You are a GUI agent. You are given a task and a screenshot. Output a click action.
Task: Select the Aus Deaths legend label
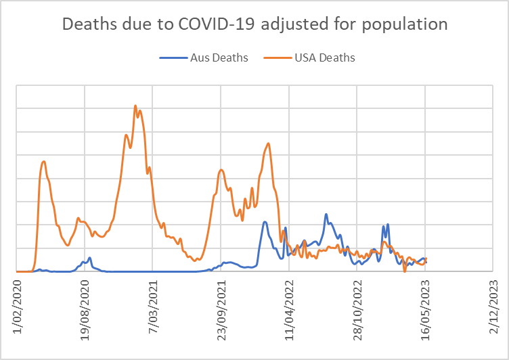(220, 58)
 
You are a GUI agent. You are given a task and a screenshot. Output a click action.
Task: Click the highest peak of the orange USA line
(135, 106)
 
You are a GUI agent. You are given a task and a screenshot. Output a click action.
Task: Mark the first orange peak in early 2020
(44, 161)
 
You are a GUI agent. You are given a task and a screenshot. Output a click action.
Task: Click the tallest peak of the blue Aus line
(326, 215)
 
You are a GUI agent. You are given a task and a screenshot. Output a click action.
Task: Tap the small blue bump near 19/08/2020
(89, 257)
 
